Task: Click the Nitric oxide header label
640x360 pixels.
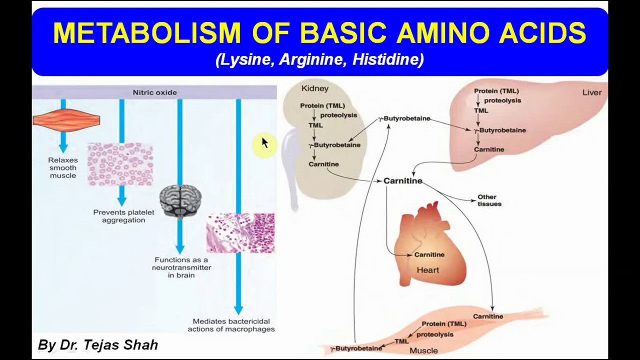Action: coord(154,92)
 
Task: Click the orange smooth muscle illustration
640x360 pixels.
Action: coord(66,120)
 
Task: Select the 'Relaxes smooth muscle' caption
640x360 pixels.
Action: coord(63,168)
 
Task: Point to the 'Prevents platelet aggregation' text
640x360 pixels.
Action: coord(123,216)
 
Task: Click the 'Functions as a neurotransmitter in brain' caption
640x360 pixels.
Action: coord(181,267)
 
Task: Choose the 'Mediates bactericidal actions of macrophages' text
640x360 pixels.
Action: coord(231,325)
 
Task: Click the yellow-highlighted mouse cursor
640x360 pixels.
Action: coord(264,143)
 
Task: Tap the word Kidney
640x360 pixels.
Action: coord(315,88)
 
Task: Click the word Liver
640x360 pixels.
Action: coord(591,92)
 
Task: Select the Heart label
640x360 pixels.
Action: coord(428,270)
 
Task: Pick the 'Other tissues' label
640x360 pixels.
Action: coord(489,200)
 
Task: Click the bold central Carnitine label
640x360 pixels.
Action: coord(402,181)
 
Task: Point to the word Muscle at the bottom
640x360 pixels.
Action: coord(423,351)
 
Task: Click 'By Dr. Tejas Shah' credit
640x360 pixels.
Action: coord(98,345)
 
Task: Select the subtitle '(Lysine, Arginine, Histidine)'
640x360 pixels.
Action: coord(319,59)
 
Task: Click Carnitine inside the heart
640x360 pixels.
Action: coord(429,255)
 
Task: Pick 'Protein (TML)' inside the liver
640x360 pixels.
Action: coord(496,91)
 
